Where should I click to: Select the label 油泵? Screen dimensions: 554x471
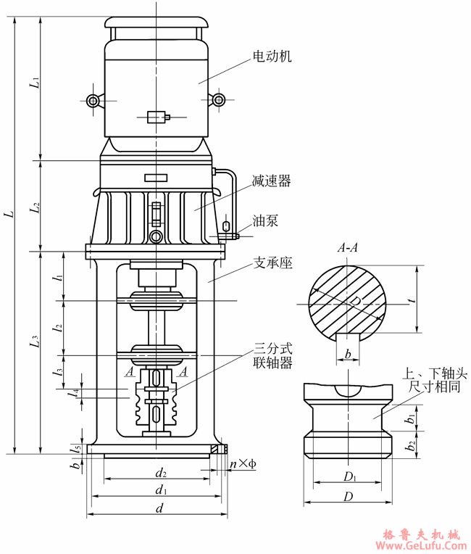(x=265, y=220)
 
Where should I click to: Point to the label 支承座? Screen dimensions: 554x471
(x=272, y=263)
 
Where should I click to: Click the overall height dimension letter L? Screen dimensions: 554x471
(x=8, y=215)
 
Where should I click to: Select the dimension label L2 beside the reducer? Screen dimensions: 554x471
(x=33, y=209)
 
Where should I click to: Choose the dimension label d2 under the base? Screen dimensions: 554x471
(x=161, y=474)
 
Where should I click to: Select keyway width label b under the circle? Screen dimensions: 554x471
(x=349, y=353)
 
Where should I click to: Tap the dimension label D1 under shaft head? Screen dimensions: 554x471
(x=349, y=476)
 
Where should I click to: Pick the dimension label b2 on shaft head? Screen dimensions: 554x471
(x=411, y=445)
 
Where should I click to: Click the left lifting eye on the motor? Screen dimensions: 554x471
(x=92, y=101)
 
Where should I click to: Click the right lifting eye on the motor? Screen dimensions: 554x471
(x=218, y=101)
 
